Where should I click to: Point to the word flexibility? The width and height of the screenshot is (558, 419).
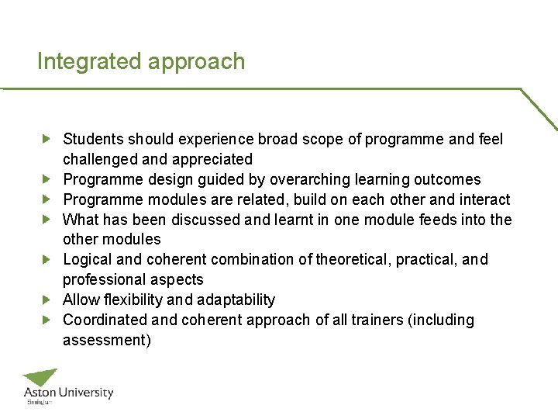[136, 300]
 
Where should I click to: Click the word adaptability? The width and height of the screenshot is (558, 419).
[236, 300]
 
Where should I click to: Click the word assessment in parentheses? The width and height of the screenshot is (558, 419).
[105, 341]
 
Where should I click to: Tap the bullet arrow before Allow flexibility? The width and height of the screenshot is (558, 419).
[46, 300]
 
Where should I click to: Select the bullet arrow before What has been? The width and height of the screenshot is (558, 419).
[46, 220]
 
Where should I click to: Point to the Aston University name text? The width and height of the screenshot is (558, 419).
[68, 393]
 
